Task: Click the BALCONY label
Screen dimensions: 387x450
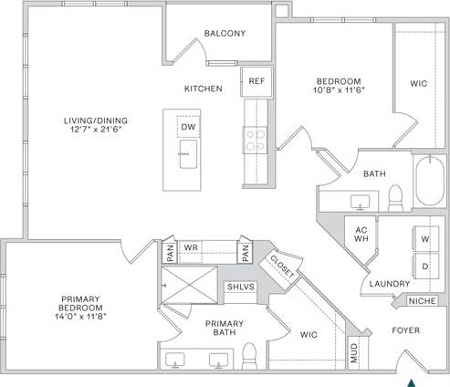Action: click(x=224, y=33)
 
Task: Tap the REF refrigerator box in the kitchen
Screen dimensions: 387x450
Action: click(x=256, y=80)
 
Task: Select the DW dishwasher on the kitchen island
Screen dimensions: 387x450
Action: click(x=188, y=126)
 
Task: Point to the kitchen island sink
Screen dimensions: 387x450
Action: click(x=188, y=152)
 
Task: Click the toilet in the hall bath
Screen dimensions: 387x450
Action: click(x=396, y=195)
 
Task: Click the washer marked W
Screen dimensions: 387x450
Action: click(x=424, y=239)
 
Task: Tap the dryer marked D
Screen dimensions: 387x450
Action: click(x=424, y=266)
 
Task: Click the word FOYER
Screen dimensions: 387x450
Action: click(x=405, y=329)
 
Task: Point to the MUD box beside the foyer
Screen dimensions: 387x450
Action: click(x=354, y=353)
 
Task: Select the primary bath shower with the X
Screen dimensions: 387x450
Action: click(x=188, y=287)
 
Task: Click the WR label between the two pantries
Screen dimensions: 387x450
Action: click(x=191, y=247)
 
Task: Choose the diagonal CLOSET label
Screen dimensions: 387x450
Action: click(x=279, y=264)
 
